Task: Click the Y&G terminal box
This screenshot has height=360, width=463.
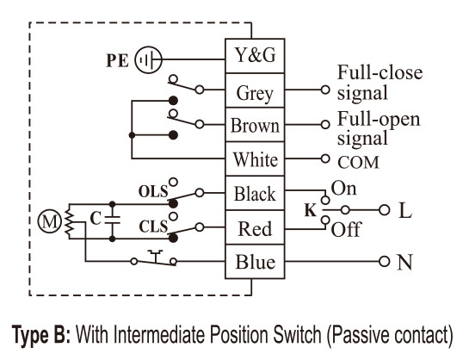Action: coord(255,56)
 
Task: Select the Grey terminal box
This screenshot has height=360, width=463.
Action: coord(255,90)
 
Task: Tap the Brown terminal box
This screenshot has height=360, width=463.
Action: coord(255,125)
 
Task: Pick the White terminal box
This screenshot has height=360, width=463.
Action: coord(255,159)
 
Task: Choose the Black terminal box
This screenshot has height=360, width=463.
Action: coord(255,193)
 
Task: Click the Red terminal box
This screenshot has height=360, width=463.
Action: coord(255,227)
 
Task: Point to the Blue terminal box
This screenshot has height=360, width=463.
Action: coord(255,262)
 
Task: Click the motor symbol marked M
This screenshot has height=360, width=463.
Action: coord(49,221)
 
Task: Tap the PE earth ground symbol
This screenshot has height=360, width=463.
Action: coord(148,59)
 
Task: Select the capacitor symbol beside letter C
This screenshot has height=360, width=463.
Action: coord(112,220)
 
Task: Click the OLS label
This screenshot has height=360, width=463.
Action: coord(153,192)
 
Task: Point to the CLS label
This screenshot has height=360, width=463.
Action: coord(153,227)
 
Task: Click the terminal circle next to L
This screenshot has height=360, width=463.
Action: coord(384,210)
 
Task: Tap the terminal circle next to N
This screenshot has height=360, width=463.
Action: coord(384,261)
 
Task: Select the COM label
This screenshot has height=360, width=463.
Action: coord(358,163)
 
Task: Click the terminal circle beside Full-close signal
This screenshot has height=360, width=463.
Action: coord(325,90)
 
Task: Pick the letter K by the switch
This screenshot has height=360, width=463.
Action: coord(310,210)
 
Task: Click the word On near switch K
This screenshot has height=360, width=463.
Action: coord(343,189)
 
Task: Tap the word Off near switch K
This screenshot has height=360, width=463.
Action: coord(346,229)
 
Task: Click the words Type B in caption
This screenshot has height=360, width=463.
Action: coord(41,334)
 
